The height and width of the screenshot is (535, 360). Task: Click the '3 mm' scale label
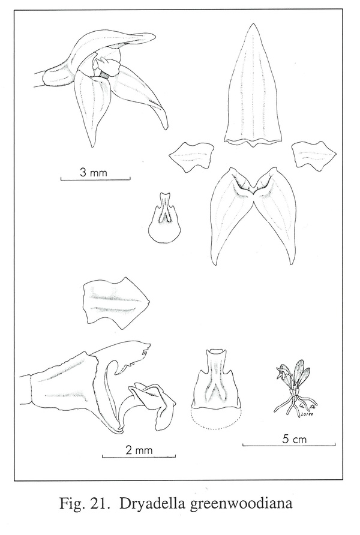point(93,172)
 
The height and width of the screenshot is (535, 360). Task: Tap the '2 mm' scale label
point(139,450)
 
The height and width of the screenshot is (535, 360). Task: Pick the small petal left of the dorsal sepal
point(191,157)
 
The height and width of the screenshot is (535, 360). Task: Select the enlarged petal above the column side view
point(115,303)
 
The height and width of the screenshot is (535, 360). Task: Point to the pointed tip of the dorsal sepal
point(253,23)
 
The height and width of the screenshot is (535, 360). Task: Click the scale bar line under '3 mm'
point(95,179)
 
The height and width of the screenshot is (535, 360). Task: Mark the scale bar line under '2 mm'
point(139,456)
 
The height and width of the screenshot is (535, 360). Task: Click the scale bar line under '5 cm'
point(289,445)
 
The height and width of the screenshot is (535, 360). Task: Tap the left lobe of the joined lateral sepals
point(232,215)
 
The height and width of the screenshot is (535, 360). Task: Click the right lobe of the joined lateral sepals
point(276,215)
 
